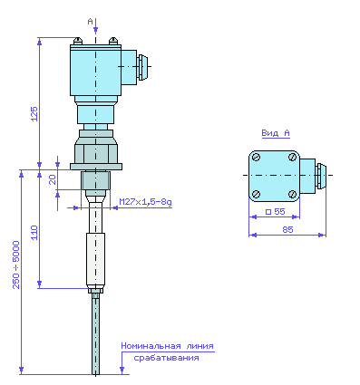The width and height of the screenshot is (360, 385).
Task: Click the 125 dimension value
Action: [x=34, y=114]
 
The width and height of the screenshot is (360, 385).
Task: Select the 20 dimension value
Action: [x=53, y=179]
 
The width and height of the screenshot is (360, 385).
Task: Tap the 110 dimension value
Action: [x=34, y=232]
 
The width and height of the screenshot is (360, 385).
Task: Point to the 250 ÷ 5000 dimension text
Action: [x=16, y=265]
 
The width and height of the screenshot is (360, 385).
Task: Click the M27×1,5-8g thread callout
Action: [x=145, y=202]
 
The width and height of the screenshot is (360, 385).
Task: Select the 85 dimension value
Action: [x=287, y=230]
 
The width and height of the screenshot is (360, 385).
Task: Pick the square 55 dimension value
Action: [x=276, y=211]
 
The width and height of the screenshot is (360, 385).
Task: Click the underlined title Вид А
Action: [x=276, y=133]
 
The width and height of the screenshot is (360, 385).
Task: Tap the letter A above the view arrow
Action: [x=90, y=22]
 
